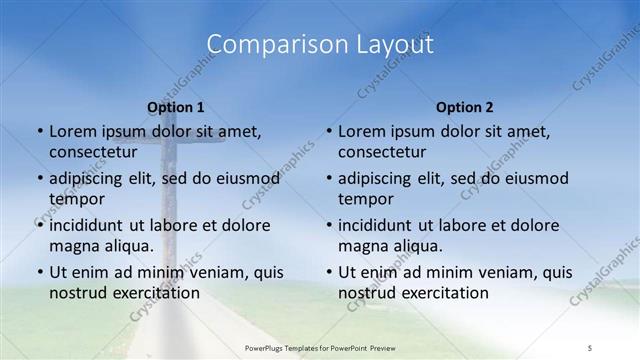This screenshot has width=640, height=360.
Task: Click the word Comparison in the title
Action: (x=261, y=44)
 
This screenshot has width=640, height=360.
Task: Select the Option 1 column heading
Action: (x=176, y=106)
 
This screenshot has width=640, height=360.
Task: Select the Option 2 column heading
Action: (x=465, y=106)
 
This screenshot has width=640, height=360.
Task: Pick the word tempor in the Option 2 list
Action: (x=364, y=199)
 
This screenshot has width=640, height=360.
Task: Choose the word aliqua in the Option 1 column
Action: (x=128, y=246)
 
